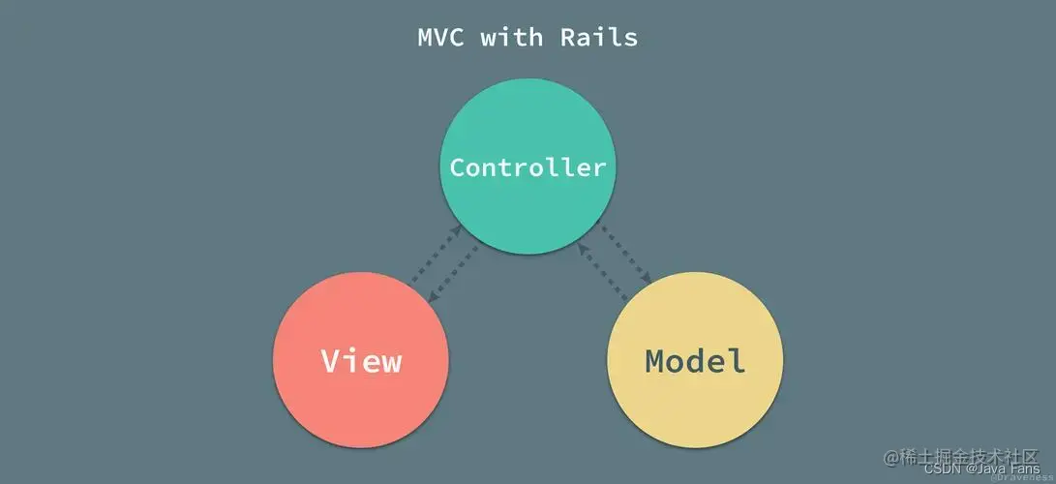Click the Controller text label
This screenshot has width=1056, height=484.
528,167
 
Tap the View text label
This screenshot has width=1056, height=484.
361,361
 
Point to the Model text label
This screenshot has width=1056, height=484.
695,361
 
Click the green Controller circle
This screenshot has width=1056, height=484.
528,208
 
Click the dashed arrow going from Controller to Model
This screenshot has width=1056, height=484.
624,254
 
